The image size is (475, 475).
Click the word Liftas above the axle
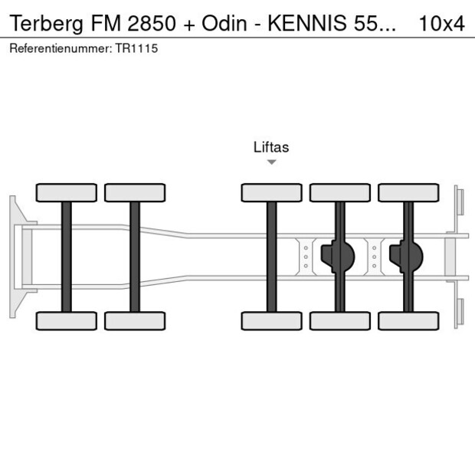pos(271,147)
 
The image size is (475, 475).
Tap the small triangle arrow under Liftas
pos(271,162)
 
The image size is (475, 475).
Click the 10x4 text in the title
pos(441,23)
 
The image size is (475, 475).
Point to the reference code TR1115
pos(138,48)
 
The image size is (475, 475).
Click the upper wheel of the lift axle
pos(271,192)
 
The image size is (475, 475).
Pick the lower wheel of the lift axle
pos(271,320)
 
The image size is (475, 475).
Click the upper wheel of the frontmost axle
pos(67,192)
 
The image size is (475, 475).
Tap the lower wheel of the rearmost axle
pos(408,320)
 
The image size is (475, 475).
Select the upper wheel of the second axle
pos(135,192)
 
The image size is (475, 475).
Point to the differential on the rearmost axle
pos(406,257)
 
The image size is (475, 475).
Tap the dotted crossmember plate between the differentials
pos(375,257)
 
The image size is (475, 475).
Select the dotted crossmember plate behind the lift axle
pos(306,257)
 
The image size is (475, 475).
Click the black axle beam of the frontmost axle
pos(67,257)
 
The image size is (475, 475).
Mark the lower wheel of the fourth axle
pos(339,320)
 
